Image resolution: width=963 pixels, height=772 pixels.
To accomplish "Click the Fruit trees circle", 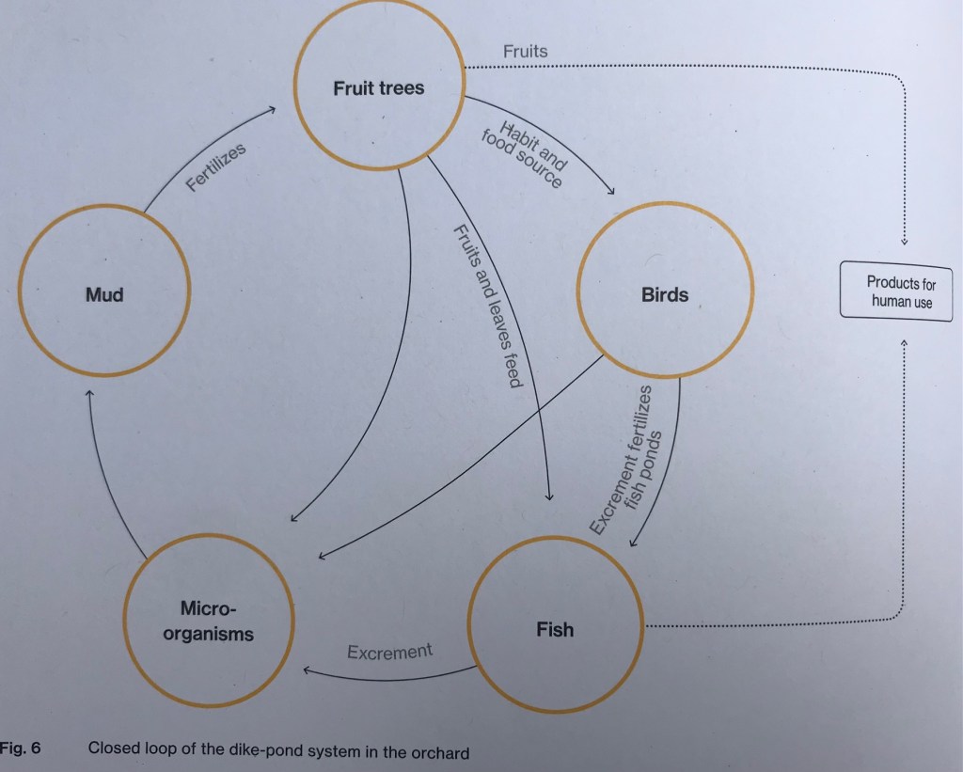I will (x=378, y=89).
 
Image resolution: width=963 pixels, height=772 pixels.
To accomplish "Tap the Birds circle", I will (x=665, y=294).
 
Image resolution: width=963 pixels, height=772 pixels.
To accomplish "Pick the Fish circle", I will (x=555, y=629).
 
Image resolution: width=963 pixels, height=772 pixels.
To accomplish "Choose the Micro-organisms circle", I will (x=208, y=621).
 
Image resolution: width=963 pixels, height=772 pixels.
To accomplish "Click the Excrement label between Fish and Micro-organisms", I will (x=389, y=651).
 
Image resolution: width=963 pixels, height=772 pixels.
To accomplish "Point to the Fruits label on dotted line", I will (x=525, y=51).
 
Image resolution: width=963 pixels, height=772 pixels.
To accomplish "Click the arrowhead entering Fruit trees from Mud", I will (x=273, y=110).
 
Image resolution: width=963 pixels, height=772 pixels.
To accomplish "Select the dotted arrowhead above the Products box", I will (x=904, y=244).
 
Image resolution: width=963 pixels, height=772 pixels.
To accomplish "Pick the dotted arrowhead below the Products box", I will (x=903, y=343).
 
